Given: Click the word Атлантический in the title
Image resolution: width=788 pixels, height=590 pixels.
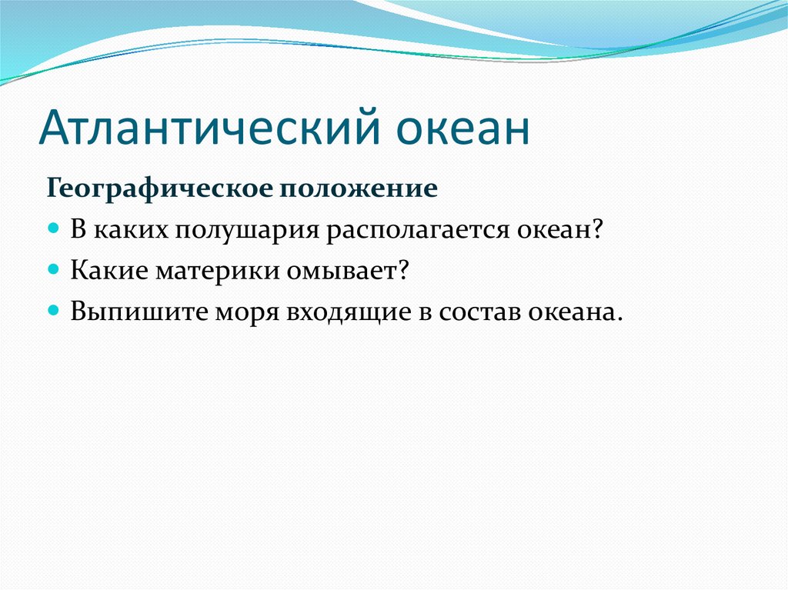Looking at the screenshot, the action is click(x=210, y=126).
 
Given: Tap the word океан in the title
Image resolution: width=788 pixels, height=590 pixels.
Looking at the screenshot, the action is click(x=462, y=130).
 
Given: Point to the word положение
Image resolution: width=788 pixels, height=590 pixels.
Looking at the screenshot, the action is click(x=358, y=189).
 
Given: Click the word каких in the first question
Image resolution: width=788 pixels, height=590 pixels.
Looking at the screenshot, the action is click(x=131, y=230).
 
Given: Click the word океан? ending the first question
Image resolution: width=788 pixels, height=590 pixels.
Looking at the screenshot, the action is click(x=559, y=230).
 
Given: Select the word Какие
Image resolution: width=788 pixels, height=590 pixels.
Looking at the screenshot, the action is click(x=109, y=270).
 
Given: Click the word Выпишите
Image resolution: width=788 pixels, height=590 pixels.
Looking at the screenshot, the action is click(x=139, y=311).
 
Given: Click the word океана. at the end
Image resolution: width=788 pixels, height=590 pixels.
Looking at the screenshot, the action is click(x=575, y=311).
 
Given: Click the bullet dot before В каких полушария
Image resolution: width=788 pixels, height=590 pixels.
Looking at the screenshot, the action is click(x=54, y=228).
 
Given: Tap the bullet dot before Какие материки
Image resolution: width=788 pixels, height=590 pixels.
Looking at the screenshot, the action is click(x=54, y=268).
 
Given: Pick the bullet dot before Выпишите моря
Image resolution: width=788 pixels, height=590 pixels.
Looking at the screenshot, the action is click(x=54, y=309).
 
